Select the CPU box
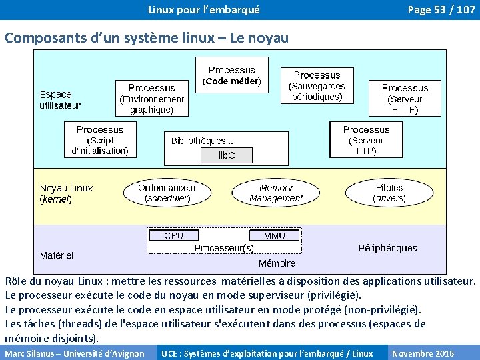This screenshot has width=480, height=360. coord(174,235)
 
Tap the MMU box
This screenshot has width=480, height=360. coord(274,235)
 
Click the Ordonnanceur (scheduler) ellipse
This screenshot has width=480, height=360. coord(167,193)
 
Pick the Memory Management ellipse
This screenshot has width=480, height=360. coord(276,193)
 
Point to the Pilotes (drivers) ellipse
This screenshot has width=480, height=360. coord(389,193)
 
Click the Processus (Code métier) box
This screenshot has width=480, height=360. coord(231,75)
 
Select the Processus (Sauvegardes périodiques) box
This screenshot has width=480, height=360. coord(317,86)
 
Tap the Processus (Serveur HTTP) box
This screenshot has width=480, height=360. coord(405,99)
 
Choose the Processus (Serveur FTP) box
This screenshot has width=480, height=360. coord(366,140)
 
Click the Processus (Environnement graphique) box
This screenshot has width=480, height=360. coord(151,99)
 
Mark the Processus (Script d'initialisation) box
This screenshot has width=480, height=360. coord(100,140)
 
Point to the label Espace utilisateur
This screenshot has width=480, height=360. coord(59,99)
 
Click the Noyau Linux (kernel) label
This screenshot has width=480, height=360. coord(66,193)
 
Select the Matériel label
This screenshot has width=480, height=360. coord(57,255)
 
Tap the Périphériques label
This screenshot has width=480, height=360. coord(387,248)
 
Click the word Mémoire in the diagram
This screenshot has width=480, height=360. coord(277,263)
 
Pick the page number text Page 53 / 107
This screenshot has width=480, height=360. coord(441,10)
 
